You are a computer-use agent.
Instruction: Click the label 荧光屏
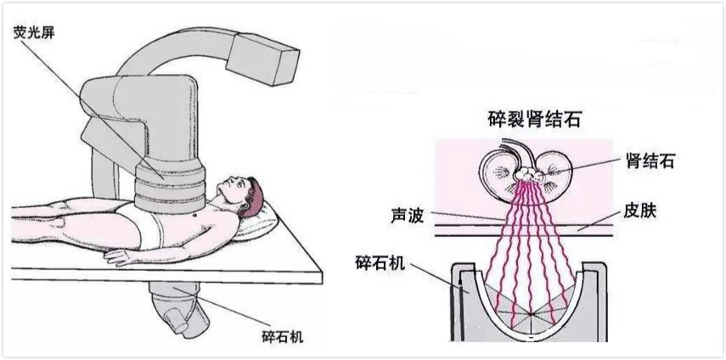pyautogui.click(x=34, y=33)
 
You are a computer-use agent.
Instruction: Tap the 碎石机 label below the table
pyautogui.click(x=283, y=336)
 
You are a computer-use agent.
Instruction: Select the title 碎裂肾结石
pyautogui.click(x=534, y=119)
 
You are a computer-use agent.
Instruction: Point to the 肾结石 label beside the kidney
pyautogui.click(x=648, y=161)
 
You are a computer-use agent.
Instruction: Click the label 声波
pyautogui.click(x=408, y=216)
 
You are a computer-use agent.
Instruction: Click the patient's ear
pyautogui.click(x=251, y=197)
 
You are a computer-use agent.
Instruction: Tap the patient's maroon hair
pyautogui.click(x=256, y=194)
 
